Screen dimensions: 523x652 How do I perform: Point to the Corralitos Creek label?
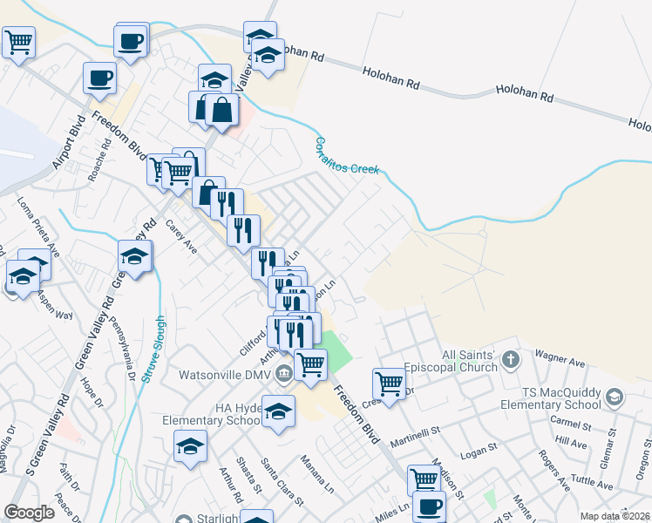pos(347,155)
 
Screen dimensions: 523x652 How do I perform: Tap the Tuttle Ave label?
pos(594,483)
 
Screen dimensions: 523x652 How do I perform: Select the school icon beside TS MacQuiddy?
pos(615,398)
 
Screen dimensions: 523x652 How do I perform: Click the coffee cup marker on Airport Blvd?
pos(99,77)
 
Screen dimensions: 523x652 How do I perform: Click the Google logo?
pos(29,513)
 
